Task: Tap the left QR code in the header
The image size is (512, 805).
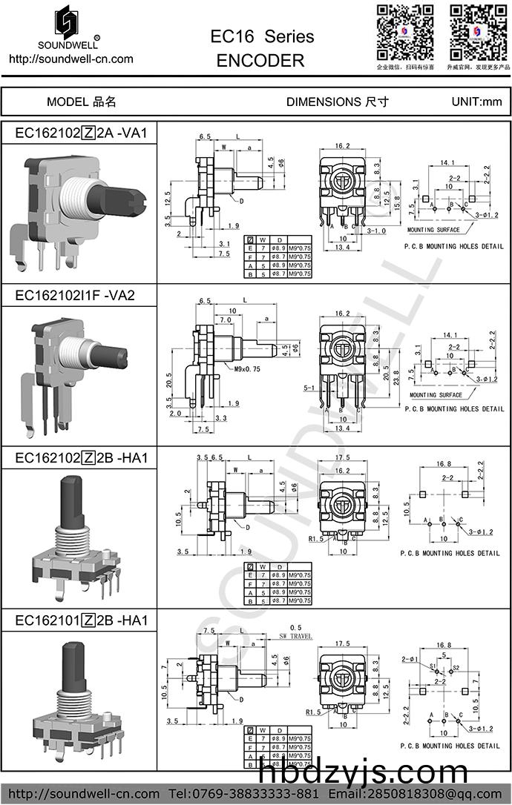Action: (405, 32)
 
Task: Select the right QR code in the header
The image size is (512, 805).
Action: (479, 32)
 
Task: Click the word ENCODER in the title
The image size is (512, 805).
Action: (260, 61)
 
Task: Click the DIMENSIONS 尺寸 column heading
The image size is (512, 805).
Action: (337, 102)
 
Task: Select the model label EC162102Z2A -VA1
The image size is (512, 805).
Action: (82, 133)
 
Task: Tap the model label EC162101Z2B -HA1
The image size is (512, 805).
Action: (82, 620)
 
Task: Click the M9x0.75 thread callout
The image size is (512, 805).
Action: (250, 369)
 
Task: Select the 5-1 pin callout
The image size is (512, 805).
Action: (309, 387)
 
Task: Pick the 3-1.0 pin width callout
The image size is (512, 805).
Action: (375, 231)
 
